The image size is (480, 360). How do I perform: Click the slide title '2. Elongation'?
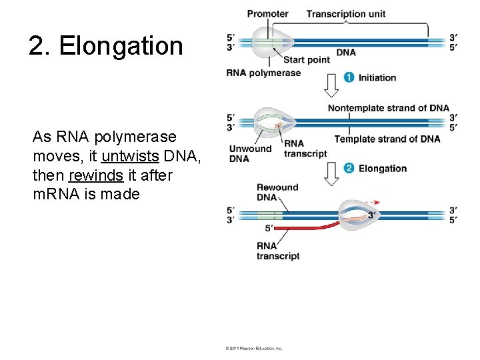[x=105, y=46]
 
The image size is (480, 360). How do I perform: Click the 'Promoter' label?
[x=267, y=13]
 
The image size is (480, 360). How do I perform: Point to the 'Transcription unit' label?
[x=345, y=13]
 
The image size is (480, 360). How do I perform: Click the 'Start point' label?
[x=307, y=59]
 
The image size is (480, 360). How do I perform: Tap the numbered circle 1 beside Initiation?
[x=349, y=77]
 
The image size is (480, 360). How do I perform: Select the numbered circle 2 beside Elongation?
[x=349, y=168]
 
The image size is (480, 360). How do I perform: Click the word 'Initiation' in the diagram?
[x=377, y=77]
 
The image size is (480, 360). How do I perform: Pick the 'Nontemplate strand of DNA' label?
[x=388, y=108]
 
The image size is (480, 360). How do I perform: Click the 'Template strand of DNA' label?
[x=387, y=139]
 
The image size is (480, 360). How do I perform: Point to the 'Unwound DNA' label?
[x=250, y=153]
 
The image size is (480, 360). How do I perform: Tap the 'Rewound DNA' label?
[x=277, y=192]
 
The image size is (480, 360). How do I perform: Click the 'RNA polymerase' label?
[x=263, y=73]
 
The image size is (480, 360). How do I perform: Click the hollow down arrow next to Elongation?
[x=331, y=173]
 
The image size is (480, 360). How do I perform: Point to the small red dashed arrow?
[x=377, y=201]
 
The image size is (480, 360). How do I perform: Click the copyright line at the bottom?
[x=254, y=348]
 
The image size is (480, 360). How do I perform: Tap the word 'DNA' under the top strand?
[x=346, y=52]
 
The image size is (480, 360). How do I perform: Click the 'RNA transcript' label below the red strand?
[x=277, y=251]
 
